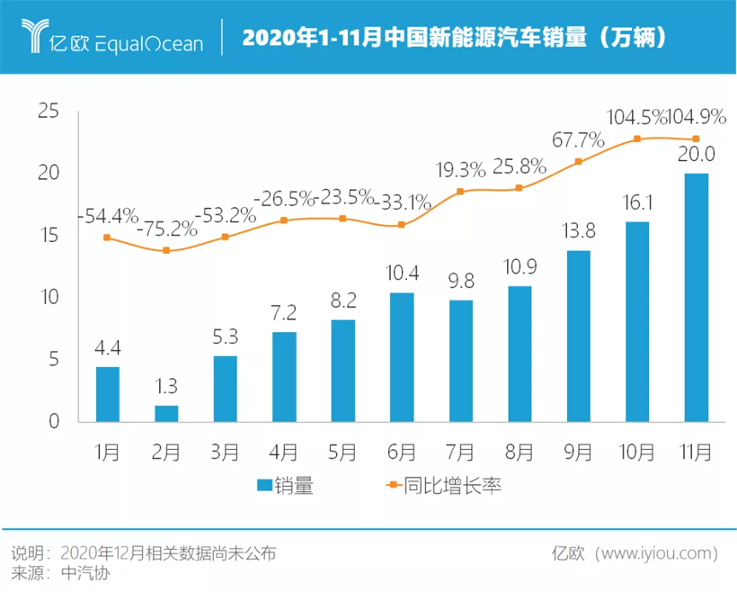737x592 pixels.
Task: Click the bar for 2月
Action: [x=166, y=414]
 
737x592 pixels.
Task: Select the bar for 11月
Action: [x=697, y=297]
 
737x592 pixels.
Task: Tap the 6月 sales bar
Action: [x=402, y=357]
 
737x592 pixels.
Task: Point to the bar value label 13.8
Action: [x=578, y=232]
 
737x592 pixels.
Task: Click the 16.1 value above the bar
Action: [x=637, y=203]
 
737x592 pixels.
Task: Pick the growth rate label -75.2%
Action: [x=166, y=229]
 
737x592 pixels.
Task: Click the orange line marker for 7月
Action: [x=460, y=192]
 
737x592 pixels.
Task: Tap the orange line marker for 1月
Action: [x=107, y=238]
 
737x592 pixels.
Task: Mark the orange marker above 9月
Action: [x=578, y=162]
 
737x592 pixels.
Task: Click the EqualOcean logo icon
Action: [x=36, y=35]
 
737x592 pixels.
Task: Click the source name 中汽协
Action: [x=84, y=573]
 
